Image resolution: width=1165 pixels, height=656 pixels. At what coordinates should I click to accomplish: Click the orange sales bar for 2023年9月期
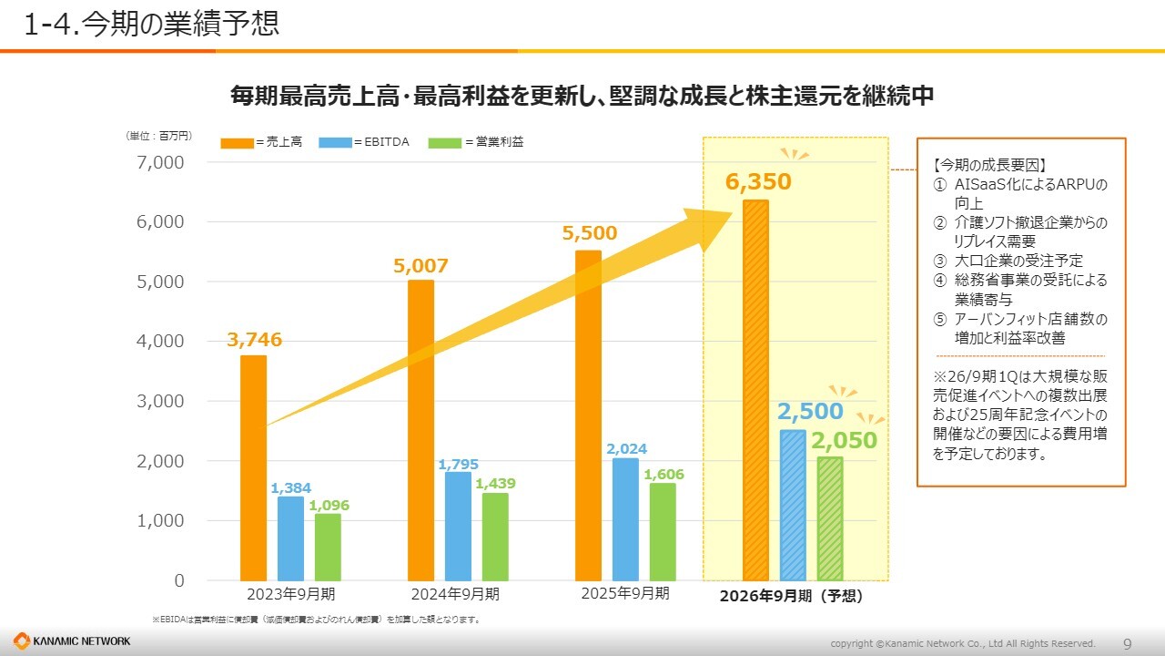pyautogui.click(x=254, y=467)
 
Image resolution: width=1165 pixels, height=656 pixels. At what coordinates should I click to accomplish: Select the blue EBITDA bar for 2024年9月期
pyautogui.click(x=458, y=526)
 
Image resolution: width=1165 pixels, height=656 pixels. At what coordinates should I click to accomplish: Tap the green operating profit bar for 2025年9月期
pyautogui.click(x=663, y=531)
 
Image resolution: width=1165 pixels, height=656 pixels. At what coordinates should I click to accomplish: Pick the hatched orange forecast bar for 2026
pyautogui.click(x=755, y=390)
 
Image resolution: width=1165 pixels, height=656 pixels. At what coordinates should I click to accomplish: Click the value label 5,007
pyautogui.click(x=420, y=266)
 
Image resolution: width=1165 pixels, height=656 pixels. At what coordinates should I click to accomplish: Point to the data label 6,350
pyautogui.click(x=758, y=182)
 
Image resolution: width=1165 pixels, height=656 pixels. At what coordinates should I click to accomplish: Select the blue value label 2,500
pyautogui.click(x=810, y=411)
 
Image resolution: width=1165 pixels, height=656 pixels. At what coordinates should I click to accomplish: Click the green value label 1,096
pyautogui.click(x=328, y=505)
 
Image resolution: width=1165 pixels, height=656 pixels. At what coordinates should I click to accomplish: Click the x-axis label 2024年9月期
pyautogui.click(x=454, y=594)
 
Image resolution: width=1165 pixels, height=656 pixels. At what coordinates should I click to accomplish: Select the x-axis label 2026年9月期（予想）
pyautogui.click(x=790, y=597)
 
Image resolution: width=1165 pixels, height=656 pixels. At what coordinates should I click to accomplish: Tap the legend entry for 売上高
pyautogui.click(x=261, y=142)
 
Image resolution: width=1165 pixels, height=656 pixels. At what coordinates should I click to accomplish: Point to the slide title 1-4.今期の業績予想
pyautogui.click(x=151, y=25)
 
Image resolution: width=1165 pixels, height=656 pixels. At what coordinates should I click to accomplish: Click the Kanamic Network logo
pyautogui.click(x=72, y=641)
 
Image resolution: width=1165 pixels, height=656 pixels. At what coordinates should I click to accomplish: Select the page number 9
pyautogui.click(x=1127, y=644)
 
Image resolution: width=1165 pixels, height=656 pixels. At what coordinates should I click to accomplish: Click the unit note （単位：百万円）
pyautogui.click(x=158, y=136)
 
